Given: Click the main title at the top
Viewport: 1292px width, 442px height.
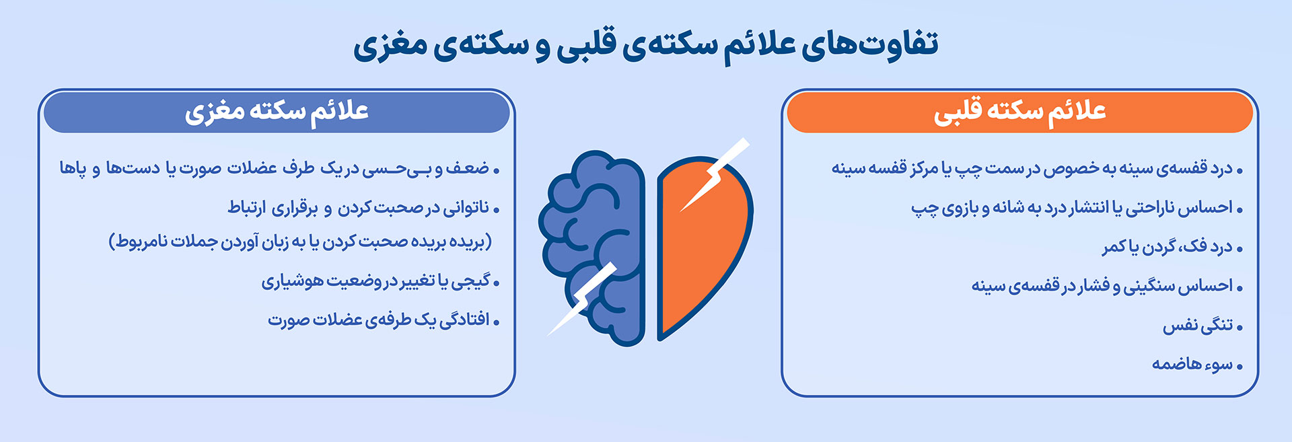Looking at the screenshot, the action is pos(646,45).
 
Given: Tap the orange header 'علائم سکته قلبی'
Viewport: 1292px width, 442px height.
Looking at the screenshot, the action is pos(1019,112).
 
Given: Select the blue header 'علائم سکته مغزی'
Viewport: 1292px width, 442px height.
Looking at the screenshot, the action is pos(277,112).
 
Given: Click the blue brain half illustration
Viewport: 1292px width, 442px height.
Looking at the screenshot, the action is pos(592,248).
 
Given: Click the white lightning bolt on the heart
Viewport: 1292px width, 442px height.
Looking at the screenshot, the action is pos(713,175).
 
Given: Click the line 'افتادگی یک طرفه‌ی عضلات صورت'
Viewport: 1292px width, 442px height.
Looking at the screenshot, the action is pos(384,320).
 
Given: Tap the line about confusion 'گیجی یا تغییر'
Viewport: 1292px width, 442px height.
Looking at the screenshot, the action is pos(380,281).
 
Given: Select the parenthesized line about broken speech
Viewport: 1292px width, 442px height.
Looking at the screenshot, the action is pos(300,242).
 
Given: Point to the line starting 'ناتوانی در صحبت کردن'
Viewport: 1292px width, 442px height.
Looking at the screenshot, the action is pos(363,208).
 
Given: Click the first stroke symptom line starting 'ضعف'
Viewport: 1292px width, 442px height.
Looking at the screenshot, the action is pos(279,168).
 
